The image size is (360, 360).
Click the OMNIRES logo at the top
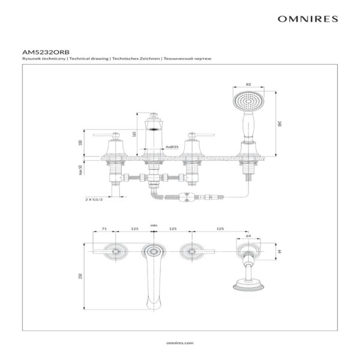point(307,19)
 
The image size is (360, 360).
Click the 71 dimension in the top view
point(103,229)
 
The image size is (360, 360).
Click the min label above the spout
point(154,225)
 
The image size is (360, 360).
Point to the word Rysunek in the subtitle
point(30,59)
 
